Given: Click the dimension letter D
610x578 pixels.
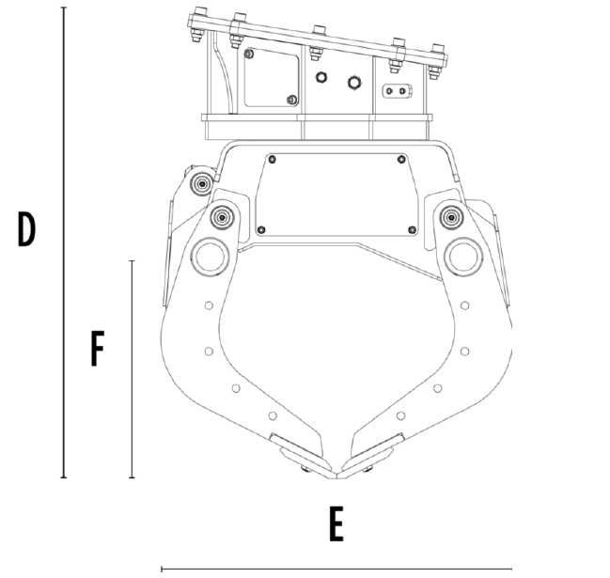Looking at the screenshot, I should (x=26, y=228).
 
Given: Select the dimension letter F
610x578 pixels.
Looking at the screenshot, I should (x=96, y=349).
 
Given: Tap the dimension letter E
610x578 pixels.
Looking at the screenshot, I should (x=336, y=525).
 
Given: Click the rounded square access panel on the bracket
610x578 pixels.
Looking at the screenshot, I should (x=272, y=79).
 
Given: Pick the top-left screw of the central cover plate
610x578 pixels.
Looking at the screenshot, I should (x=272, y=158).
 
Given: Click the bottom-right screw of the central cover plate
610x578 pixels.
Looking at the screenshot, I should (x=412, y=229).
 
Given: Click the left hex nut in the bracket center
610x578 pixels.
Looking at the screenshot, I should (x=321, y=78).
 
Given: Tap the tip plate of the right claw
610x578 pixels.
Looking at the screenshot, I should (x=375, y=451).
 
